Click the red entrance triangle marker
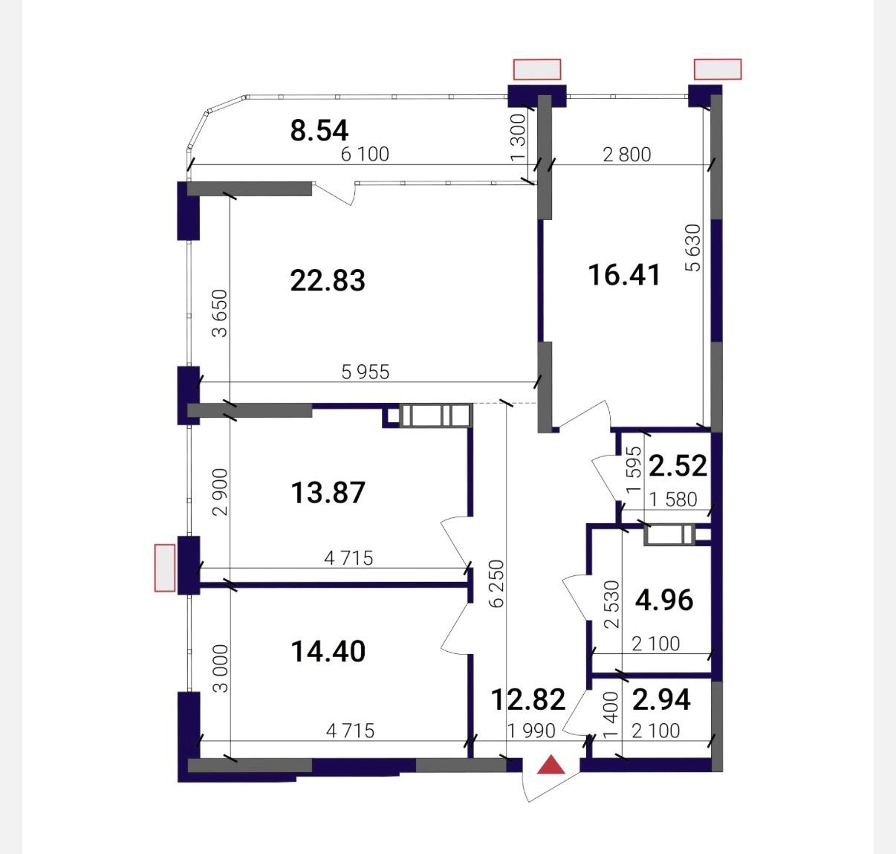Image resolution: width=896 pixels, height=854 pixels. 551,765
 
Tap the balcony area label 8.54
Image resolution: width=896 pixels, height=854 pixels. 319,130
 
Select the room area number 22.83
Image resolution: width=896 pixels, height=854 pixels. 328,280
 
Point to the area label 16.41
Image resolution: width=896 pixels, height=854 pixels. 624,275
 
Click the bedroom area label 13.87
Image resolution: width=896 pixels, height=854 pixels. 328,493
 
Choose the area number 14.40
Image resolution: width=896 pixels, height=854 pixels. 328,651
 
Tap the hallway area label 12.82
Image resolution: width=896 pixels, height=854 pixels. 528,699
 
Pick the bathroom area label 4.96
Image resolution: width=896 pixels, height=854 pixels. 664,600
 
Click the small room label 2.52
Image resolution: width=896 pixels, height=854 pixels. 678,466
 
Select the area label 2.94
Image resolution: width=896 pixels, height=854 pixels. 661,699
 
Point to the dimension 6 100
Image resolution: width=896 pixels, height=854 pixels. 365,154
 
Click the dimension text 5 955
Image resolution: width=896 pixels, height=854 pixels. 366,372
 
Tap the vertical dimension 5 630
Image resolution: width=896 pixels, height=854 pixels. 693,248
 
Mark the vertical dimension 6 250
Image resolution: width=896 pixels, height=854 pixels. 497,583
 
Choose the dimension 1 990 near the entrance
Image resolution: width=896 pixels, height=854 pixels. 531,731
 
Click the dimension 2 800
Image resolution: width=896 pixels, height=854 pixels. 626,155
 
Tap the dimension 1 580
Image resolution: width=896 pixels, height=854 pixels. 673,499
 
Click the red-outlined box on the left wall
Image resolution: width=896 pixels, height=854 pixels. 165,568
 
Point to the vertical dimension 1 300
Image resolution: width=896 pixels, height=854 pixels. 518,138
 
